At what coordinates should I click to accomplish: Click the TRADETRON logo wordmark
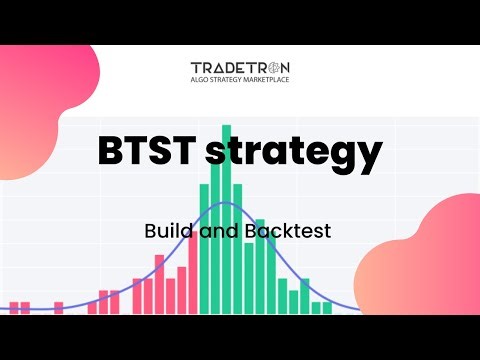coord(240,67)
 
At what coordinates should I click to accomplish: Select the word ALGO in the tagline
coord(201,80)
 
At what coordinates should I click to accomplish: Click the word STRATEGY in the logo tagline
coord(229,80)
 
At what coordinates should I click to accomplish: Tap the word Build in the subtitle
coord(163,230)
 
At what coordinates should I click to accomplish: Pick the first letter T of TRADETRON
coord(196,67)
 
